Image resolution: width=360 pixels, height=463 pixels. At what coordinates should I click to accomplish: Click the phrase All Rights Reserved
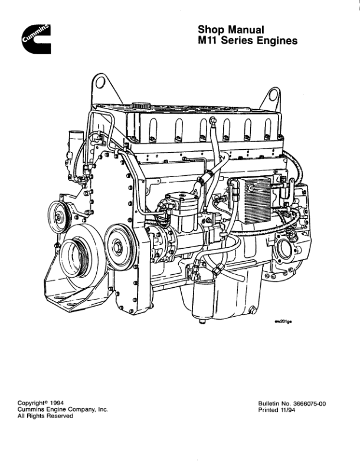pos(45,416)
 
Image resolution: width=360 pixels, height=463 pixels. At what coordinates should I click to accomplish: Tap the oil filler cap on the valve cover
pos(140,106)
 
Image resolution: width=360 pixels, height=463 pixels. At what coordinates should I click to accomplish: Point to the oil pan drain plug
pos(252,309)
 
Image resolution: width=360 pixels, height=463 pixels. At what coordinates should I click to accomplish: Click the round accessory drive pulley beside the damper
pos(119,243)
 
